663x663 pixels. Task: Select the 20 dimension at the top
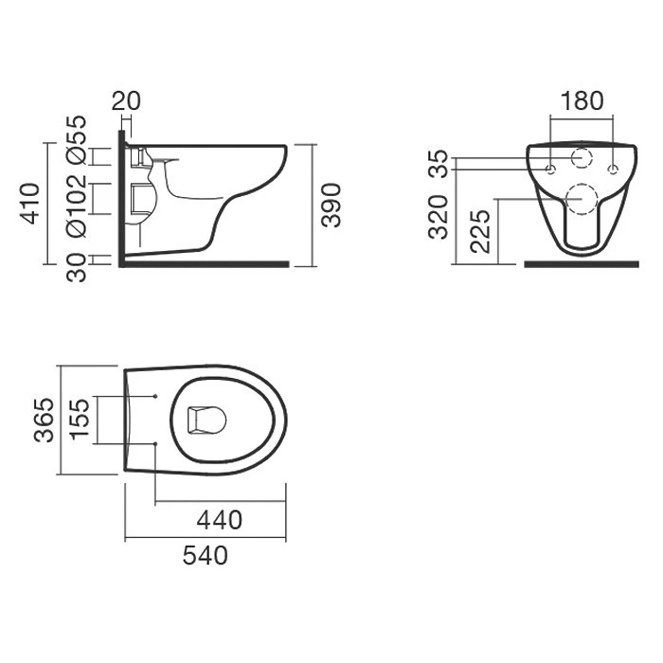126,101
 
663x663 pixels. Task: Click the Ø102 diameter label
77,206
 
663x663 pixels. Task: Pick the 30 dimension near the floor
77,267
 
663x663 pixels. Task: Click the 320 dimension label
438,217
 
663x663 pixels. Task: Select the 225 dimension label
480,231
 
